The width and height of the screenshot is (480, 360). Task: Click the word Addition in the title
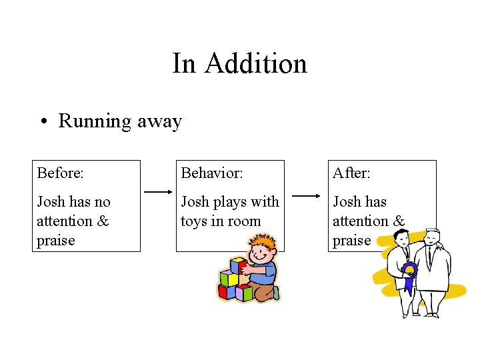[256, 64]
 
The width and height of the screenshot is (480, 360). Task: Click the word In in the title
[185, 64]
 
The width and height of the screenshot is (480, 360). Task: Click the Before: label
[61, 173]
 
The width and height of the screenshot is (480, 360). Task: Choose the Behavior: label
[211, 173]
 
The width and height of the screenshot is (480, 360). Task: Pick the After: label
[352, 173]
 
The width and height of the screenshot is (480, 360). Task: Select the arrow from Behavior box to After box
[307, 196]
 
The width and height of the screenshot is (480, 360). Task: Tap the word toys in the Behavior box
[194, 221]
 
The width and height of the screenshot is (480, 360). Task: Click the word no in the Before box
[102, 202]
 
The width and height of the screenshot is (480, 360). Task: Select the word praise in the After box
[351, 241]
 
